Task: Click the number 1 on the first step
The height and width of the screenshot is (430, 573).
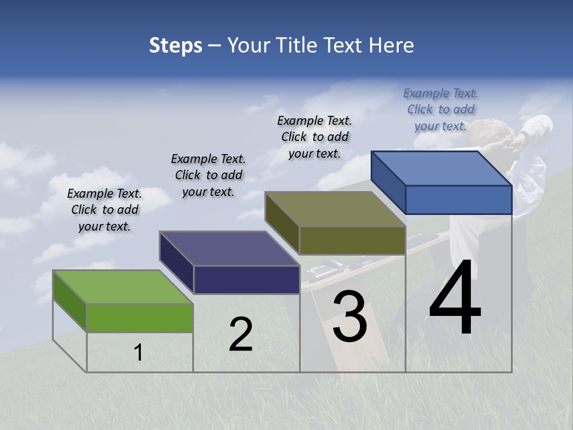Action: tap(138, 353)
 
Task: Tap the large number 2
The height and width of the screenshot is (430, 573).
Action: tap(241, 334)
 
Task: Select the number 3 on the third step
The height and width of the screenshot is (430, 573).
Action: tap(350, 316)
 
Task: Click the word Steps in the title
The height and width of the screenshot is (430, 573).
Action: tap(175, 45)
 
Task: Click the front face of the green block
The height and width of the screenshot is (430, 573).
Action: tap(140, 318)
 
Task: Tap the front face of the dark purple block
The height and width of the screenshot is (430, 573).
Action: tap(247, 279)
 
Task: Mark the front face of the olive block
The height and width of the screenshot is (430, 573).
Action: tap(352, 240)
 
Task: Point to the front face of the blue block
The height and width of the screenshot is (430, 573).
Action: tap(458, 199)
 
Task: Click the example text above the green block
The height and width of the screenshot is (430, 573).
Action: tap(104, 210)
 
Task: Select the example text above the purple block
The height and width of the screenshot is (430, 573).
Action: tap(208, 175)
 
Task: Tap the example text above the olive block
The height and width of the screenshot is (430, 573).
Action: tap(315, 137)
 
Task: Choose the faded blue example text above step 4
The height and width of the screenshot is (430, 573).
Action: tap(440, 109)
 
